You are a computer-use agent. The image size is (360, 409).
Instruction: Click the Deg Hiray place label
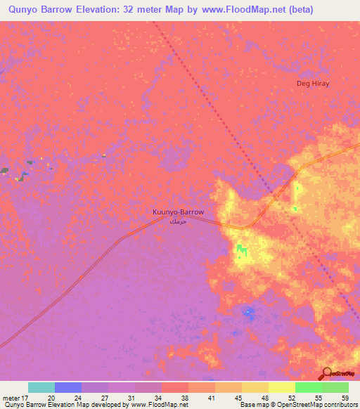pyautogui.click(x=313, y=83)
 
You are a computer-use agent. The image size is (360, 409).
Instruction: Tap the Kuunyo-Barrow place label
pyautogui.click(x=179, y=212)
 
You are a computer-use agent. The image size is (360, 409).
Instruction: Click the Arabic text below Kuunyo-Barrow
pyautogui.click(x=179, y=221)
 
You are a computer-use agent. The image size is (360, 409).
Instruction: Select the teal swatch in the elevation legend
pyautogui.click(x=41, y=387)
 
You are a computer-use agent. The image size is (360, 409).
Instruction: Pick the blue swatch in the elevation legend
pyautogui.click(x=67, y=387)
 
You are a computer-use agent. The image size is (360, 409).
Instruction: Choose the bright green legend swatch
pyautogui.click(x=308, y=387)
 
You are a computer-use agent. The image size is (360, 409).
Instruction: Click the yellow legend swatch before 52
pyautogui.click(x=281, y=387)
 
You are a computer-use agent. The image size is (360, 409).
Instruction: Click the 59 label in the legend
pyautogui.click(x=345, y=398)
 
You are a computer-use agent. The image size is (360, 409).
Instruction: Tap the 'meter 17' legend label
pyautogui.click(x=15, y=398)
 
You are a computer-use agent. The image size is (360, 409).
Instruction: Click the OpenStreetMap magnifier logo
pyautogui.click(x=327, y=374)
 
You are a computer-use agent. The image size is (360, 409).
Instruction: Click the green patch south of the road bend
pyautogui.click(x=242, y=249)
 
